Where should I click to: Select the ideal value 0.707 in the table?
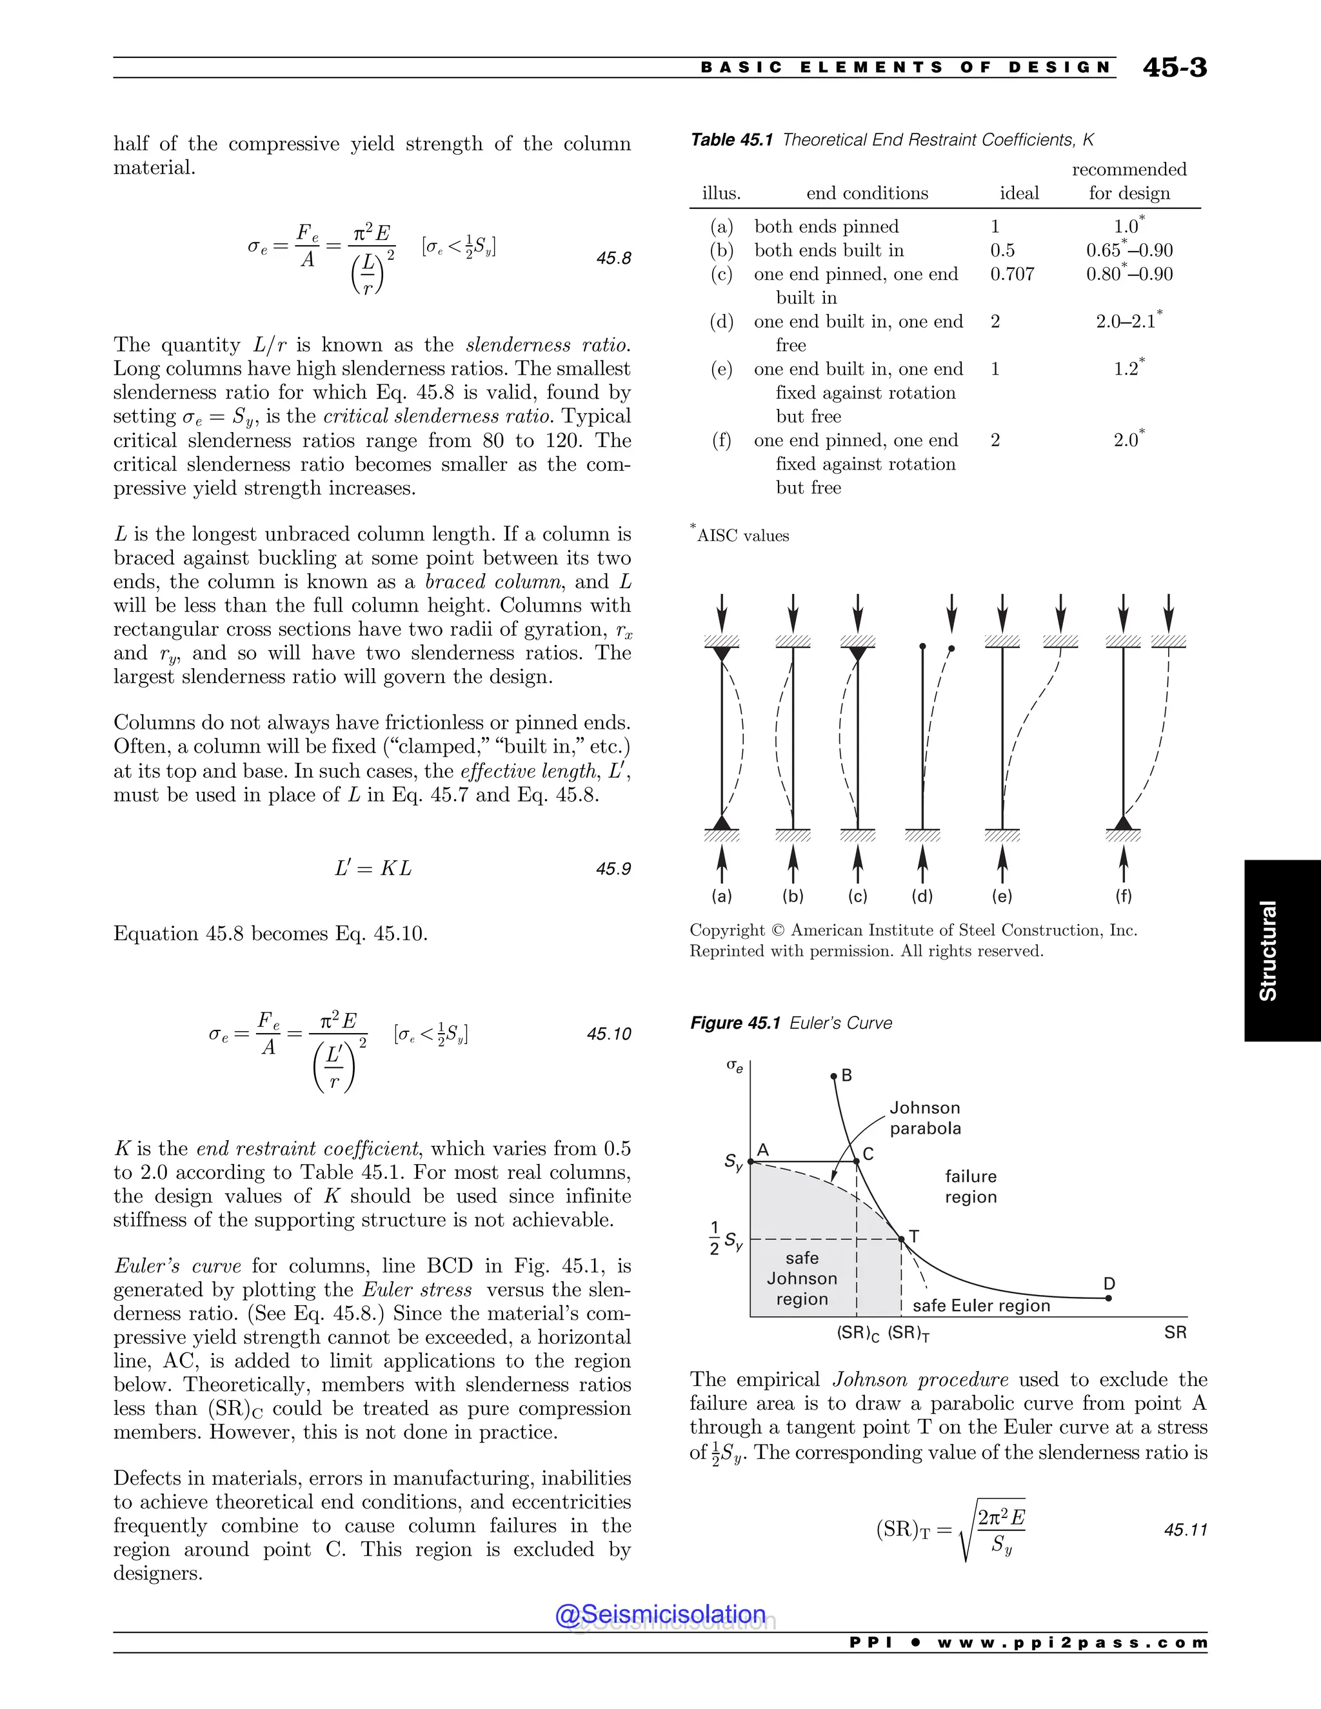[x=1012, y=274]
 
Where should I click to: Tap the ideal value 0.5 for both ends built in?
[x=1002, y=250]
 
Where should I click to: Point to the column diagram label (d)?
[x=922, y=896]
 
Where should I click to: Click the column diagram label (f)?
[x=1123, y=896]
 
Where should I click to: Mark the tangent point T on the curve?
[x=902, y=1239]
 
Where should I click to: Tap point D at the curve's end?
[x=1108, y=1298]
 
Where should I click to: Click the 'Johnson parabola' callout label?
[x=925, y=1118]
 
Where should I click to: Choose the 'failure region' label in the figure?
[x=970, y=1186]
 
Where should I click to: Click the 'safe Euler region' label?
[x=981, y=1305]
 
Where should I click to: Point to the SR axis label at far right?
[x=1175, y=1332]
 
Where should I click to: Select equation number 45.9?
[x=613, y=869]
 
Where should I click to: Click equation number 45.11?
[x=1186, y=1530]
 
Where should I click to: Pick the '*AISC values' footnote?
[x=740, y=536]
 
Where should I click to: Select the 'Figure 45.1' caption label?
[x=735, y=1023]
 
